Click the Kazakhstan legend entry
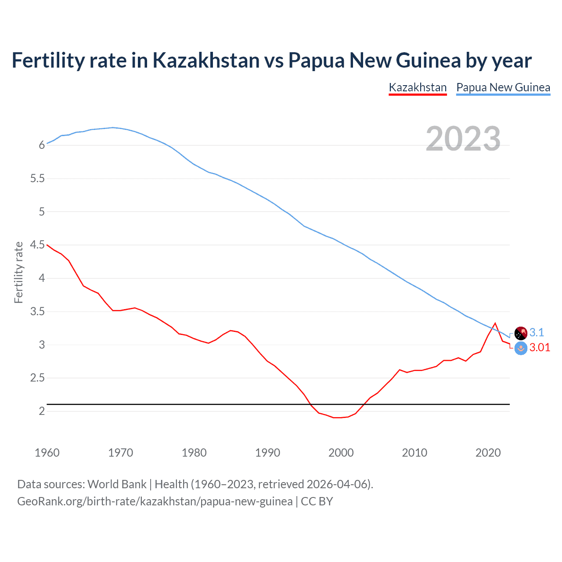[x=418, y=87]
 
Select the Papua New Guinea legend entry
[x=503, y=87]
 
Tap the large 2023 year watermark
[x=463, y=139]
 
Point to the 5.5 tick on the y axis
[x=38, y=179]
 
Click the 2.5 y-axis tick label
[x=38, y=378]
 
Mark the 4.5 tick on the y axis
[x=38, y=245]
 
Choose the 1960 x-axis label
[x=47, y=453]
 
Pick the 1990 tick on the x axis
[x=267, y=453]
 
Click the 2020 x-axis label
[x=488, y=453]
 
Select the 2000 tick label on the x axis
[x=341, y=453]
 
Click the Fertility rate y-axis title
[x=18, y=272]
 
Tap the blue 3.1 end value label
[x=537, y=332]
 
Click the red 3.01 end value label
[x=540, y=347]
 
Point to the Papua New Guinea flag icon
[x=521, y=333]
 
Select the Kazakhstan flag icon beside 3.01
[x=521, y=349]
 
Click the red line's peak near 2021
[x=495, y=324]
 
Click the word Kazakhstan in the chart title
[x=206, y=60]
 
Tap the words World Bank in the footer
[x=117, y=484]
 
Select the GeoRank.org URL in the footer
[x=155, y=501]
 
